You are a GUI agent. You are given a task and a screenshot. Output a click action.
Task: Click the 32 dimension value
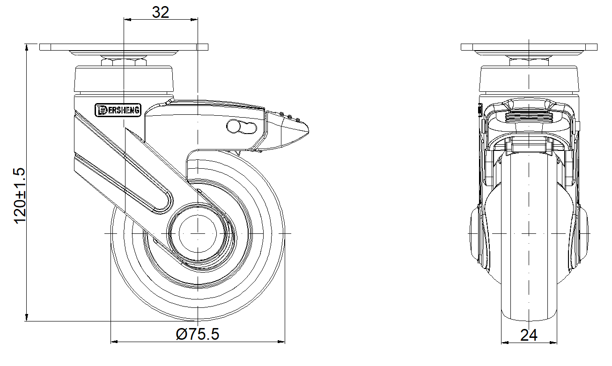[x=161, y=12]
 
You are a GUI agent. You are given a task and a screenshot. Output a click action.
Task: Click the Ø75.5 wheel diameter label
[x=198, y=334]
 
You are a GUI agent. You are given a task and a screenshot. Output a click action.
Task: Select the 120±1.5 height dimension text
[x=20, y=196]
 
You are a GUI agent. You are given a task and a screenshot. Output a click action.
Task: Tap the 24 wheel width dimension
[x=529, y=335]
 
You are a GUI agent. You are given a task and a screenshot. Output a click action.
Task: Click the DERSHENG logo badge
[x=118, y=110]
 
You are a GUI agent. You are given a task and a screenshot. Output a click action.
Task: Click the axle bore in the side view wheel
[x=198, y=234]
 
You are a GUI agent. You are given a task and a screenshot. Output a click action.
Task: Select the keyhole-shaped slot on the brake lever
[x=242, y=127]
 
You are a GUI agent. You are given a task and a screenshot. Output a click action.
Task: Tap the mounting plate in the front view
[x=529, y=47]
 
